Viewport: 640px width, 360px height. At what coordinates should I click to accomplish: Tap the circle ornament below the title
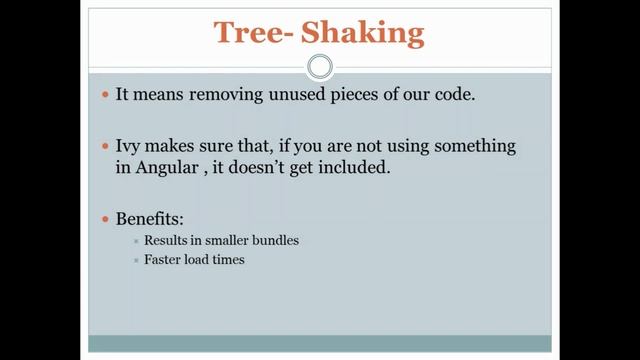tap(319, 67)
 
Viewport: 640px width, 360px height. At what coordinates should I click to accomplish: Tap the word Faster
tap(163, 260)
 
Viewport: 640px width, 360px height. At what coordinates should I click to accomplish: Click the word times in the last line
tap(225, 260)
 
